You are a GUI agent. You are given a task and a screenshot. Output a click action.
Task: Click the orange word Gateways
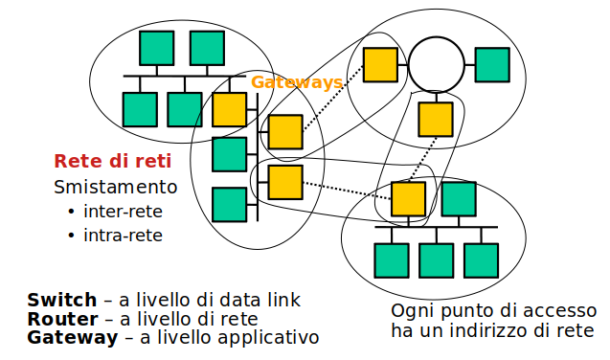(x=297, y=83)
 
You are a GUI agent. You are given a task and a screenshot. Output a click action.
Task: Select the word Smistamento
(x=116, y=186)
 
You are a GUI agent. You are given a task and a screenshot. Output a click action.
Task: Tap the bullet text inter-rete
(x=123, y=211)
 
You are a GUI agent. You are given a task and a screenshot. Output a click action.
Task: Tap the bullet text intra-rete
(x=123, y=235)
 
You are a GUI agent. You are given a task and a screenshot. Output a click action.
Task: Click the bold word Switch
(x=62, y=300)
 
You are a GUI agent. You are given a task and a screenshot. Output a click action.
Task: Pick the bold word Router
(x=62, y=319)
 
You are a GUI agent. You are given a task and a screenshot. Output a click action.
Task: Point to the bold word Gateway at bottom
(x=71, y=338)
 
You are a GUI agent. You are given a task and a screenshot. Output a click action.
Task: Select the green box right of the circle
(x=492, y=64)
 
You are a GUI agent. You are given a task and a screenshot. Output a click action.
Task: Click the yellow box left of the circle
(x=380, y=64)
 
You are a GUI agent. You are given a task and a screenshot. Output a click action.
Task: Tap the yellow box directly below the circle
(x=436, y=119)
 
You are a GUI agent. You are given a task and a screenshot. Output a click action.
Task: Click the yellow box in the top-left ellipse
(x=229, y=109)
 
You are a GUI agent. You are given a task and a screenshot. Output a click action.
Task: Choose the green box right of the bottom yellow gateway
(x=459, y=198)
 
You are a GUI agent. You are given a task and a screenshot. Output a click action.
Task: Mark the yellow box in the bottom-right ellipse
(x=409, y=198)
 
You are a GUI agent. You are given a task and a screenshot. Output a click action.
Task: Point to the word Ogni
(x=412, y=312)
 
